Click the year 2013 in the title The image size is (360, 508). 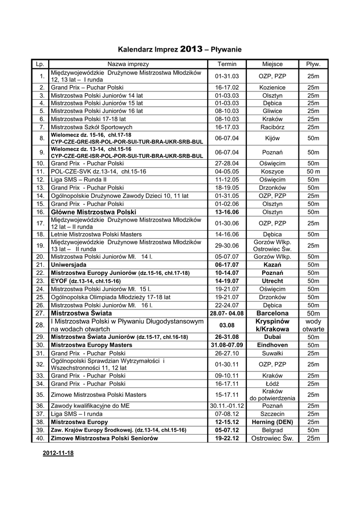click(192, 49)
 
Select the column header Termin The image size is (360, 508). click(227, 64)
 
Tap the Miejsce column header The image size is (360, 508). click(272, 64)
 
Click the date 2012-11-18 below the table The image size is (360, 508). click(59, 453)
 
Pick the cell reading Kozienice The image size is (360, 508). click(272, 87)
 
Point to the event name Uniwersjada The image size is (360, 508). click(72, 265)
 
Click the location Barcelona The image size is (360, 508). click(272, 314)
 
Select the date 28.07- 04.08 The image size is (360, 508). click(227, 314)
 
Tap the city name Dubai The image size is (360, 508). click(272, 336)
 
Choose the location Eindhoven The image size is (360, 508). click(272, 345)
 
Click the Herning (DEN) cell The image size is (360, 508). click(272, 422)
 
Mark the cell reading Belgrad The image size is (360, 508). click(272, 430)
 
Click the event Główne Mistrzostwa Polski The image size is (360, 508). click(93, 212)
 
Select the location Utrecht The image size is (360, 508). click(272, 281)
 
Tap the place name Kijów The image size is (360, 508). click(272, 137)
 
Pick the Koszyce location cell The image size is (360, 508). click(272, 171)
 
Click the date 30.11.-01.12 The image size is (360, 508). click(227, 405)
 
